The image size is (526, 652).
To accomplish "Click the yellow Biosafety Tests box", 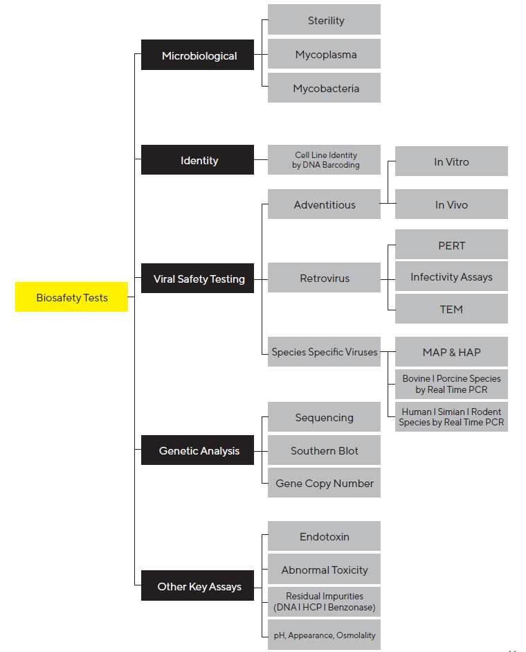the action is tap(71, 297).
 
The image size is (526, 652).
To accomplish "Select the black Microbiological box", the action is tap(197, 55).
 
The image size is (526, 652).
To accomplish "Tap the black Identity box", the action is tap(197, 159).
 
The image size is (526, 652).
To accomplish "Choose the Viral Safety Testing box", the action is tap(197, 278).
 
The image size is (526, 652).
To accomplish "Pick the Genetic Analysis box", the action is tap(197, 450).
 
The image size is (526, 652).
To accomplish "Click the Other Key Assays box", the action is tap(197, 585).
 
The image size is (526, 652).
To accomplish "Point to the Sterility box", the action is tap(324, 19).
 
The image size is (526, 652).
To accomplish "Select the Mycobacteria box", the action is tap(324, 88).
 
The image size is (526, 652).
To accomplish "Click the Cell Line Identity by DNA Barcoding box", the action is tap(324, 159).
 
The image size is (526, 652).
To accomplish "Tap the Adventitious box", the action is tap(324, 204).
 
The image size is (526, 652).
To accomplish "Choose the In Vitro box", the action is tap(451, 161).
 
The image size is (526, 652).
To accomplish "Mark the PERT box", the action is tap(451, 245).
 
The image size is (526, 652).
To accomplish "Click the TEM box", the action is tap(451, 308).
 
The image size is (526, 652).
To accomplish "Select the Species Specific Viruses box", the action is tap(324, 352).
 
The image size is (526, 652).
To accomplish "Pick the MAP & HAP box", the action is tap(451, 352).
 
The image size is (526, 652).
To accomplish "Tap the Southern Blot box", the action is tap(324, 450).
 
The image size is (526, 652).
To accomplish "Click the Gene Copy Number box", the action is tap(324, 483).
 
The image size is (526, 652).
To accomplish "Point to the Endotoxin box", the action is tap(324, 536).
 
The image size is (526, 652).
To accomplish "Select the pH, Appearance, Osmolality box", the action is tap(324, 635).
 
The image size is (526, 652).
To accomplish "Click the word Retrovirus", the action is tap(325, 278).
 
